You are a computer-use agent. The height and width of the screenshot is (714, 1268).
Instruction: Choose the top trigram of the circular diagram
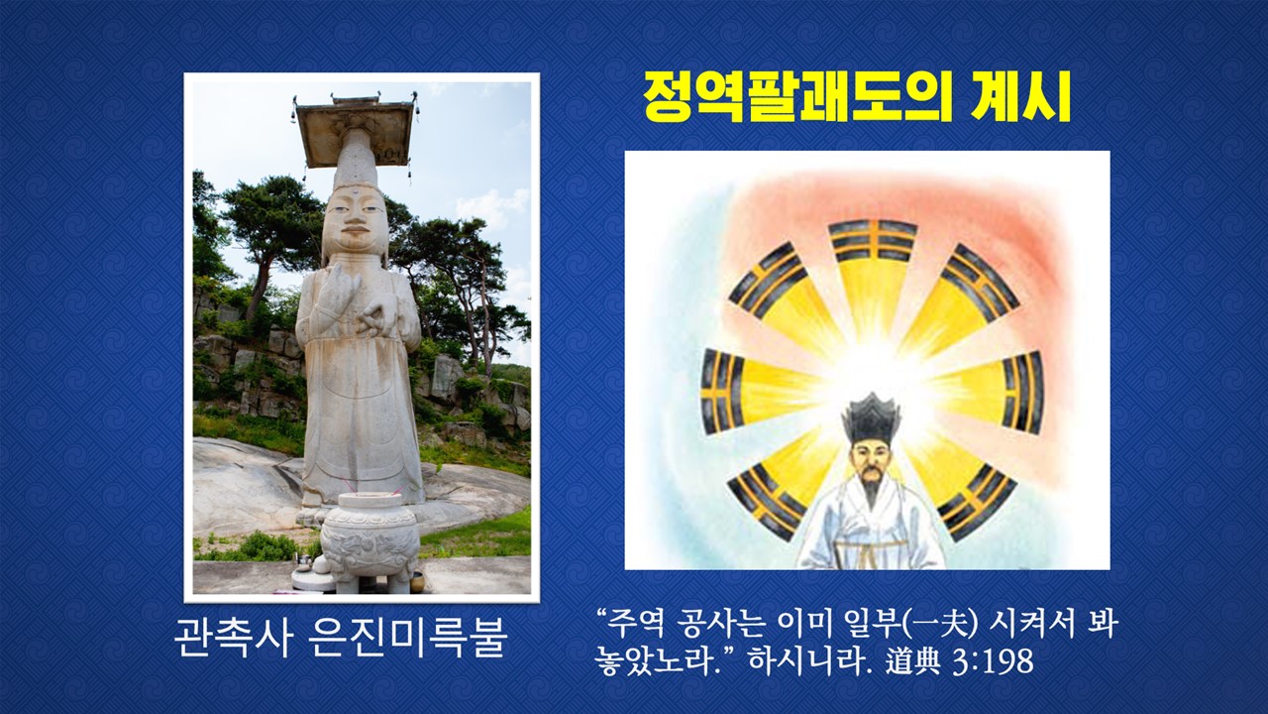click(x=873, y=241)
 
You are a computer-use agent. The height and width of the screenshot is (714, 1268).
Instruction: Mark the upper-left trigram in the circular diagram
click(x=768, y=282)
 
